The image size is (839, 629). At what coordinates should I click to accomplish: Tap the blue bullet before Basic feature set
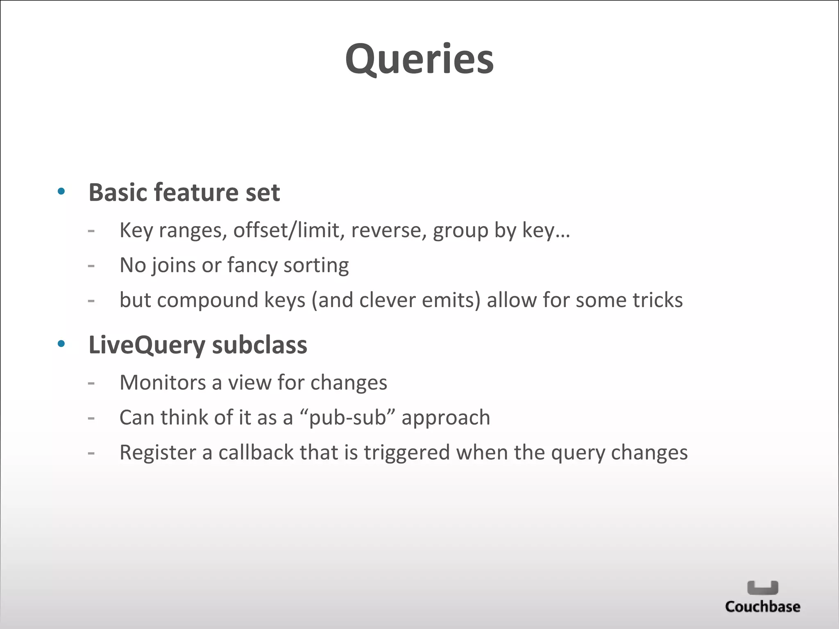[61, 191]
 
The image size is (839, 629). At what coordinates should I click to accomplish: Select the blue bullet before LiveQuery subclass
[61, 344]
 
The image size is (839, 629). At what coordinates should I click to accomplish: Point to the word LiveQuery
[146, 345]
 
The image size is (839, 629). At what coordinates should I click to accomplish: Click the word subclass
[259, 345]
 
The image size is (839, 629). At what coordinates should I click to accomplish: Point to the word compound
[207, 300]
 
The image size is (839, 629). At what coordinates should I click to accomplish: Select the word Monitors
[163, 382]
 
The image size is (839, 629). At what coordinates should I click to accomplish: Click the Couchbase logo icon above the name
[762, 588]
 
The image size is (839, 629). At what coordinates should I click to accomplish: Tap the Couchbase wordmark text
[762, 606]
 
